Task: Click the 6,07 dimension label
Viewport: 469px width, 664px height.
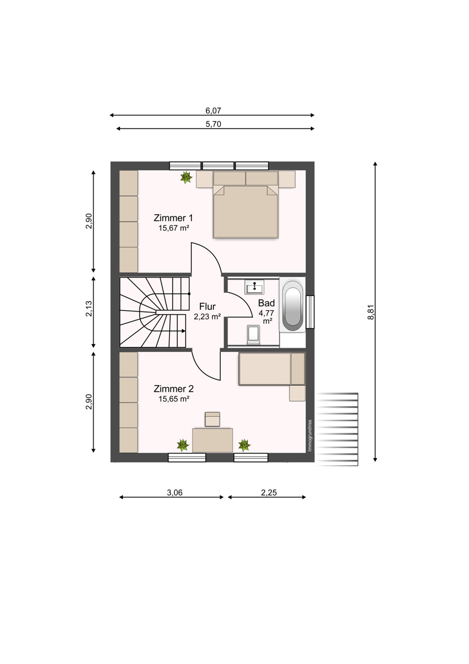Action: coord(213,111)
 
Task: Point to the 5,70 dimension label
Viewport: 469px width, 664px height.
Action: coord(213,124)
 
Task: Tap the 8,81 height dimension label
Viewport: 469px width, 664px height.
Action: coord(371,312)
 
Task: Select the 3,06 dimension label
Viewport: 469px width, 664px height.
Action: coord(175,492)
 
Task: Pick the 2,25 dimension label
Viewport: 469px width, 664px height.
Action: coord(269,492)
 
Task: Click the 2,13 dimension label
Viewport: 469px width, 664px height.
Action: coord(89,309)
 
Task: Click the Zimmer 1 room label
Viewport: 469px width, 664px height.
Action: coord(173,218)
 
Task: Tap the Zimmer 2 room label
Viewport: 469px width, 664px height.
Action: coord(174,388)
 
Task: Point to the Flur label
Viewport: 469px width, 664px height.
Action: coord(207,306)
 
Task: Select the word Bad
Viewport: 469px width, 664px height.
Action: coord(267,303)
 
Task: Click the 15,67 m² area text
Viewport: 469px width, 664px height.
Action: coord(174,228)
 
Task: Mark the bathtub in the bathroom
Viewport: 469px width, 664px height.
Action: coord(293,305)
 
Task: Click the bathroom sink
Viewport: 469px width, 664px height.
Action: coord(254,287)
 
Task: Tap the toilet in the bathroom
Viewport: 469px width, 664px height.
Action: coord(253,335)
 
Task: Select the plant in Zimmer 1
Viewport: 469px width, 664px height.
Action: coord(186,177)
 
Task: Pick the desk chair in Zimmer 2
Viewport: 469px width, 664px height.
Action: coord(212,419)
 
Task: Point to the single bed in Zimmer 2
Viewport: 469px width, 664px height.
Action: coord(272,369)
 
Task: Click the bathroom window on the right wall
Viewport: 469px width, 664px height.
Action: coord(310,312)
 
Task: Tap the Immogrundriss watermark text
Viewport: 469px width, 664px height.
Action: coord(310,435)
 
